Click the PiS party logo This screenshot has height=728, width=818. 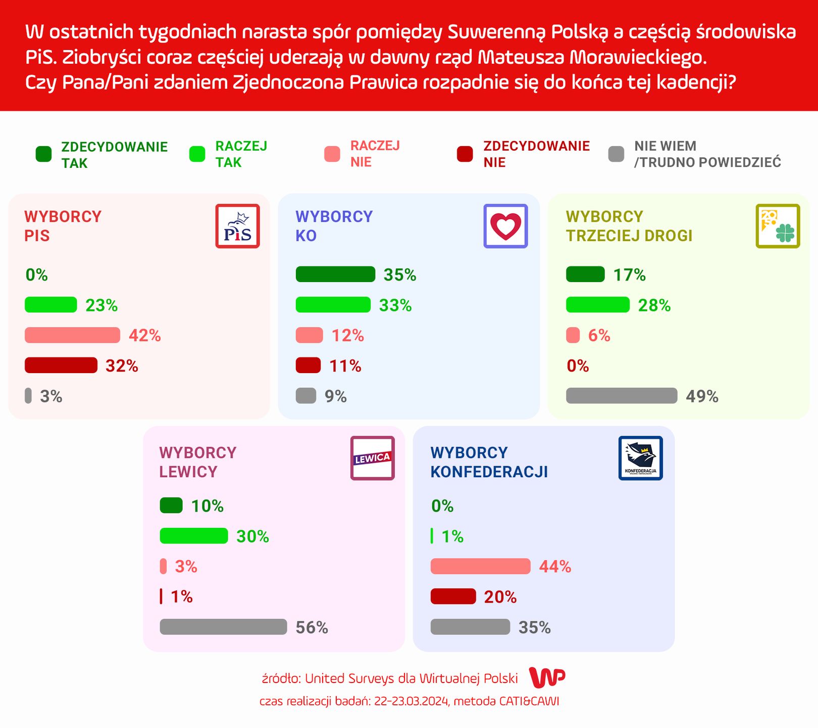pos(237,226)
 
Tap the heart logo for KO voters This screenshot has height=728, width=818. pos(505,226)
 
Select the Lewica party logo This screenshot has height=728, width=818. pos(372,458)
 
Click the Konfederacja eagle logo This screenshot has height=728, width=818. pos(640,458)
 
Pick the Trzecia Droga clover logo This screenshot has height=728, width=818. pos(778,226)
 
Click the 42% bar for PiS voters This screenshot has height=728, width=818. pos(72,335)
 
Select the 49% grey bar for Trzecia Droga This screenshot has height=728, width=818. pos(622,396)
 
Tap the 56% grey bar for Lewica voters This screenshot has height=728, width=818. pos(223,627)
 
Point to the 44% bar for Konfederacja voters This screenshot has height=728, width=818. pos(480,566)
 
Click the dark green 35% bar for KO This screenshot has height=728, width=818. pos(335,275)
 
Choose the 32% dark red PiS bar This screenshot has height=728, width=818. pos(61,366)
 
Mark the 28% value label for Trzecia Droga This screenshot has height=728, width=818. pos(654,305)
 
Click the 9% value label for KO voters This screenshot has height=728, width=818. pos(335,396)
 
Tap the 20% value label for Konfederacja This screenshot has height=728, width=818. pos(500,597)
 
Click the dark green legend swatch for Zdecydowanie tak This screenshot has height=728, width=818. pos(43,154)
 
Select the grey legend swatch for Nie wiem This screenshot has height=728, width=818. pos(616,154)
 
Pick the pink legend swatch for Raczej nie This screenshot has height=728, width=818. pos(332,154)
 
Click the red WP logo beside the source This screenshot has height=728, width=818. pos(547,677)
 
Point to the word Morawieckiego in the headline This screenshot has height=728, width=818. pos(637,57)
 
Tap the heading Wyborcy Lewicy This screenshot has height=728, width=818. pos(197,462)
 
